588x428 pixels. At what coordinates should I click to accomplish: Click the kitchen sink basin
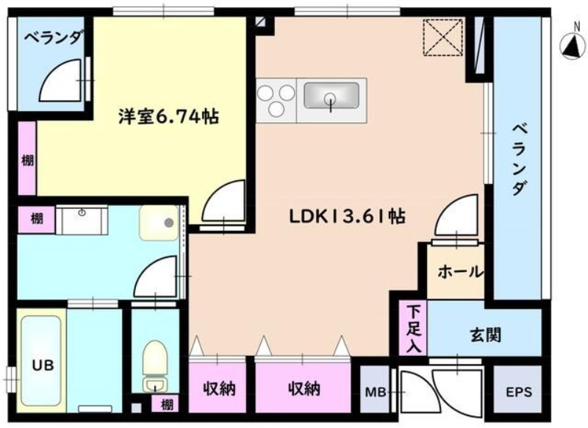(331, 96)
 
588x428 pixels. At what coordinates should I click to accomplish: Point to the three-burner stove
(276, 99)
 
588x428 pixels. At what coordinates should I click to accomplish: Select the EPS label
(517, 390)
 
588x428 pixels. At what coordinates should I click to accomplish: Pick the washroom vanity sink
(82, 218)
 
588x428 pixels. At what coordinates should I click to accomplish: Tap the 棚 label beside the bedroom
(27, 159)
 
